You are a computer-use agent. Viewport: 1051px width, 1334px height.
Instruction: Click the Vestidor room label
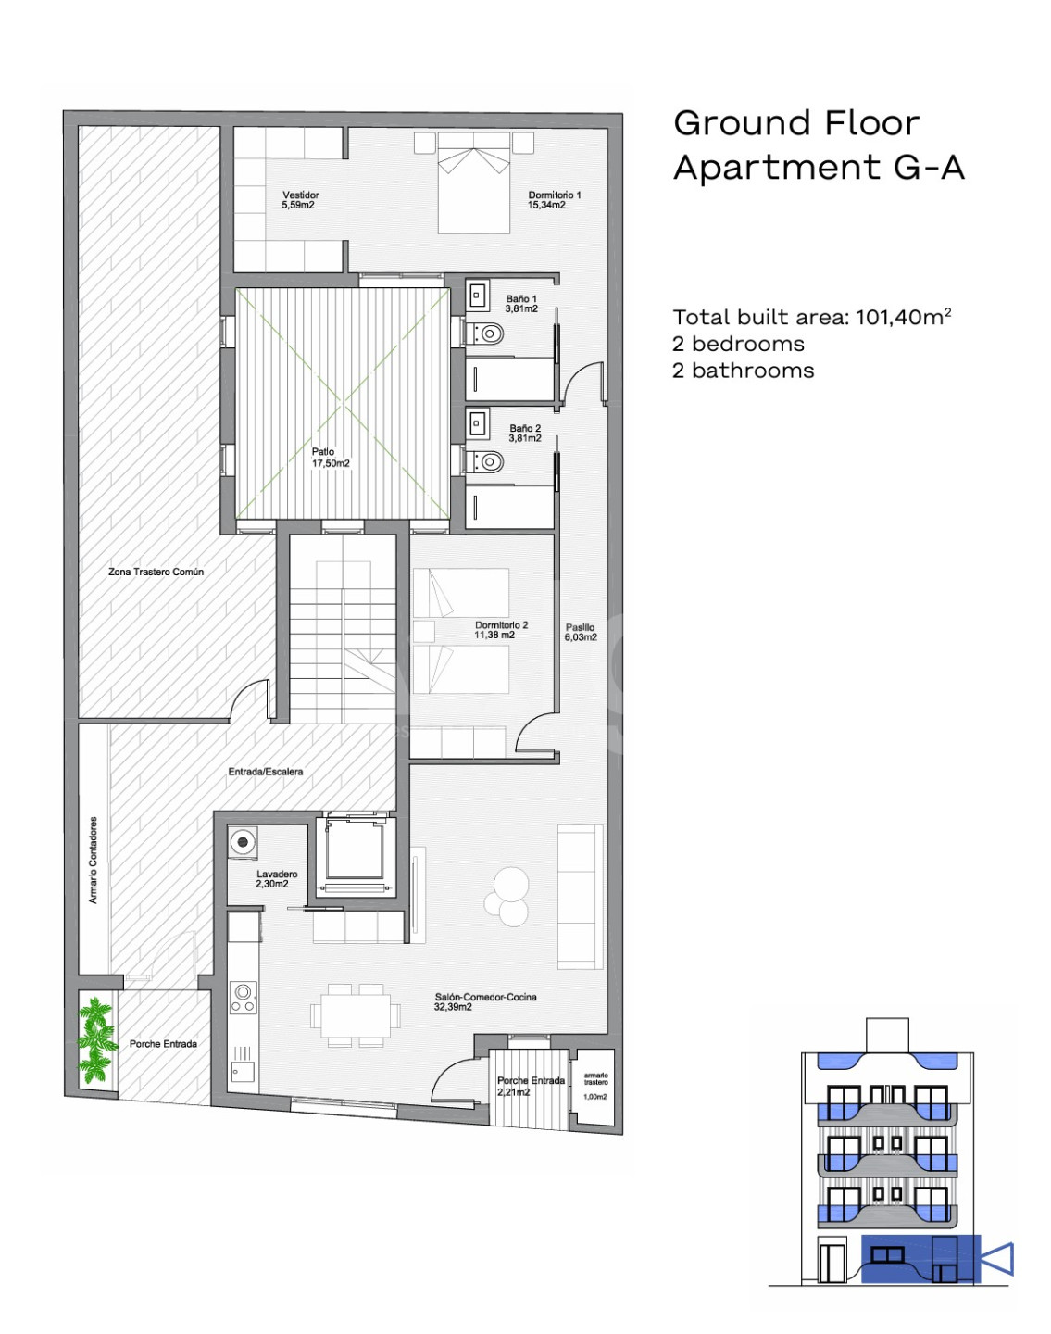tap(300, 199)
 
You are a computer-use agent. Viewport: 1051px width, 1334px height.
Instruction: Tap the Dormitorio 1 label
tap(554, 199)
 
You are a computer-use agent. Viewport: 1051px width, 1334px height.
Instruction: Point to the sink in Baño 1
tap(477, 296)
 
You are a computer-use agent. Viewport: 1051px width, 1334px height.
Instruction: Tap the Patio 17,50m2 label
tap(331, 458)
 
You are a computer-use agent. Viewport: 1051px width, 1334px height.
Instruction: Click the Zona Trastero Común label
tap(156, 572)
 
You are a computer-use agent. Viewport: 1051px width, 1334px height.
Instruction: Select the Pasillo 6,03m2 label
tap(580, 632)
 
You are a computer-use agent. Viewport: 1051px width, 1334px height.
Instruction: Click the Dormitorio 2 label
tap(501, 630)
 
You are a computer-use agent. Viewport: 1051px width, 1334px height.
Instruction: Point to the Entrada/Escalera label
tap(265, 772)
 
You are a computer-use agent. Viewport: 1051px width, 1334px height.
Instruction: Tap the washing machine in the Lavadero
tap(243, 842)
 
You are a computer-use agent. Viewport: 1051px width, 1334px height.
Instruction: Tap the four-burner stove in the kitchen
tap(243, 998)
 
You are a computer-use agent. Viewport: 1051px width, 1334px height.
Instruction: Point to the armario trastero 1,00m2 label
tap(594, 1086)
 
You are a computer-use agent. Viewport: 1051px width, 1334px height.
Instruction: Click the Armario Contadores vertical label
tap(93, 861)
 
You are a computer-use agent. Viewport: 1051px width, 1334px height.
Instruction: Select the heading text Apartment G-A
tap(819, 168)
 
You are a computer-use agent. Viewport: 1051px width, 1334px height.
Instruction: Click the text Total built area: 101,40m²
tap(812, 317)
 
